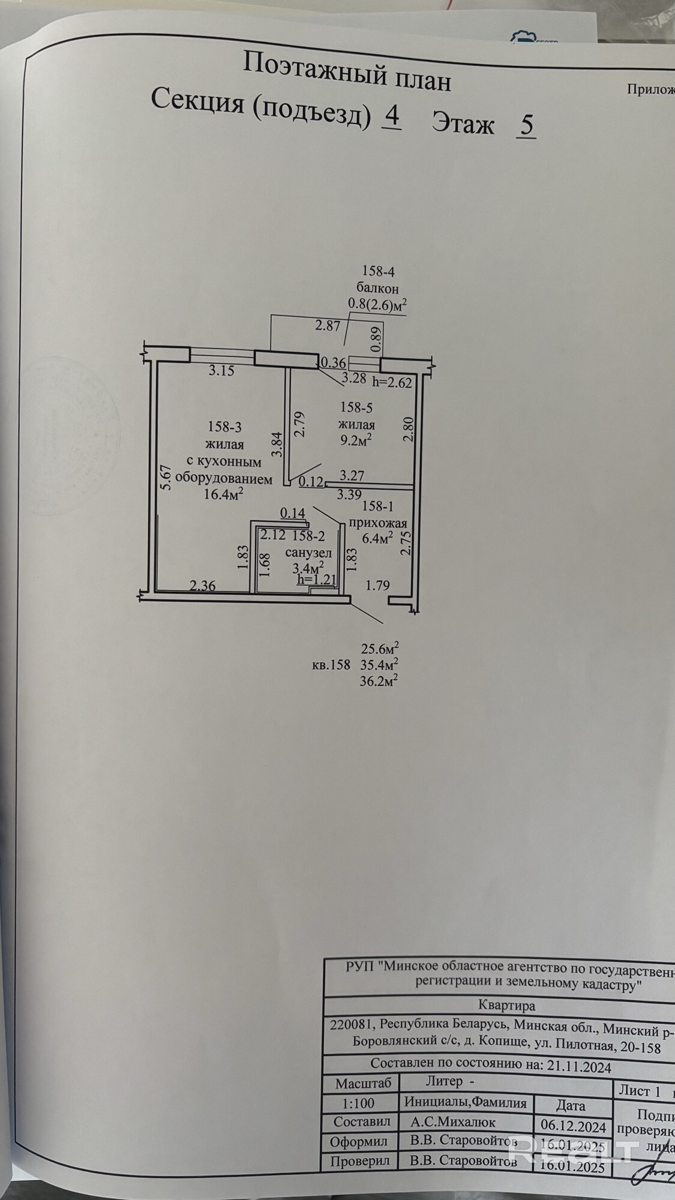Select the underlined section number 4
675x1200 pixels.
tap(392, 116)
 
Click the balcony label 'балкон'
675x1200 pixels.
tap(377, 289)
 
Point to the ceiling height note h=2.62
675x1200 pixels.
tap(392, 382)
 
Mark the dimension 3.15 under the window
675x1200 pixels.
tap(221, 371)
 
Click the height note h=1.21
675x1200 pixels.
tap(317, 580)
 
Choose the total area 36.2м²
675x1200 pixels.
tap(380, 680)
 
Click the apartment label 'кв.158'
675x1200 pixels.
tap(331, 665)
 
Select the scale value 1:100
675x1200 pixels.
tap(358, 1102)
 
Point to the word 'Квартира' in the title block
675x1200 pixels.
tap(507, 1004)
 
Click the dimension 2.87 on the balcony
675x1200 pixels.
tap(328, 326)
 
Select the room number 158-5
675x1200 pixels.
tap(356, 408)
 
